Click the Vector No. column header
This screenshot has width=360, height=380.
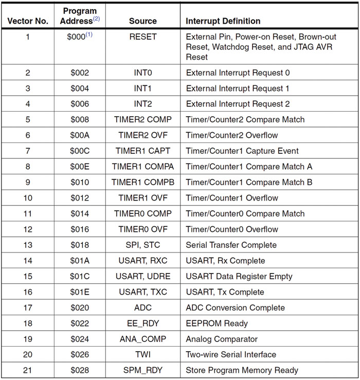pyautogui.click(x=28, y=21)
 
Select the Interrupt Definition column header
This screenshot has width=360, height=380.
pyautogui.click(x=223, y=21)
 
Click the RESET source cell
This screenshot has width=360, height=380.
pyautogui.click(x=142, y=37)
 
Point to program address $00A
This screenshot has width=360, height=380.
pyautogui.click(x=80, y=135)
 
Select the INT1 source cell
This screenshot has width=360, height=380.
pyautogui.click(x=142, y=88)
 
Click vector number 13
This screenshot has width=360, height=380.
pyautogui.click(x=28, y=245)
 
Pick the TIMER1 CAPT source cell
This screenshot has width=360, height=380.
pyautogui.click(x=142, y=151)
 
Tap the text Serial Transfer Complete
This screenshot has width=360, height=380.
pyautogui.click(x=231, y=245)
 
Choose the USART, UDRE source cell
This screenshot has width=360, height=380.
pyautogui.click(x=142, y=276)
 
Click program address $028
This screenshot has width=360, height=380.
pyautogui.click(x=80, y=370)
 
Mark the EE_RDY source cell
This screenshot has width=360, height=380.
pyautogui.click(x=142, y=323)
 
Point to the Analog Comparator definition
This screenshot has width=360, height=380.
pyautogui.click(x=222, y=339)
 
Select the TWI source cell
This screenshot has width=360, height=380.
pyautogui.click(x=142, y=355)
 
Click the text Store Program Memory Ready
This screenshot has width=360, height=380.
pyautogui.click(x=242, y=370)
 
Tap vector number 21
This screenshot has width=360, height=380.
pyautogui.click(x=28, y=370)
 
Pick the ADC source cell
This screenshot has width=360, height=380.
pyautogui.click(x=142, y=307)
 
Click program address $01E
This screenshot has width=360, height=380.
pyautogui.click(x=80, y=292)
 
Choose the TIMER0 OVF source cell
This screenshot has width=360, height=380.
pyautogui.click(x=142, y=229)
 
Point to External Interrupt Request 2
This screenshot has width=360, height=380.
pyautogui.click(x=238, y=104)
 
